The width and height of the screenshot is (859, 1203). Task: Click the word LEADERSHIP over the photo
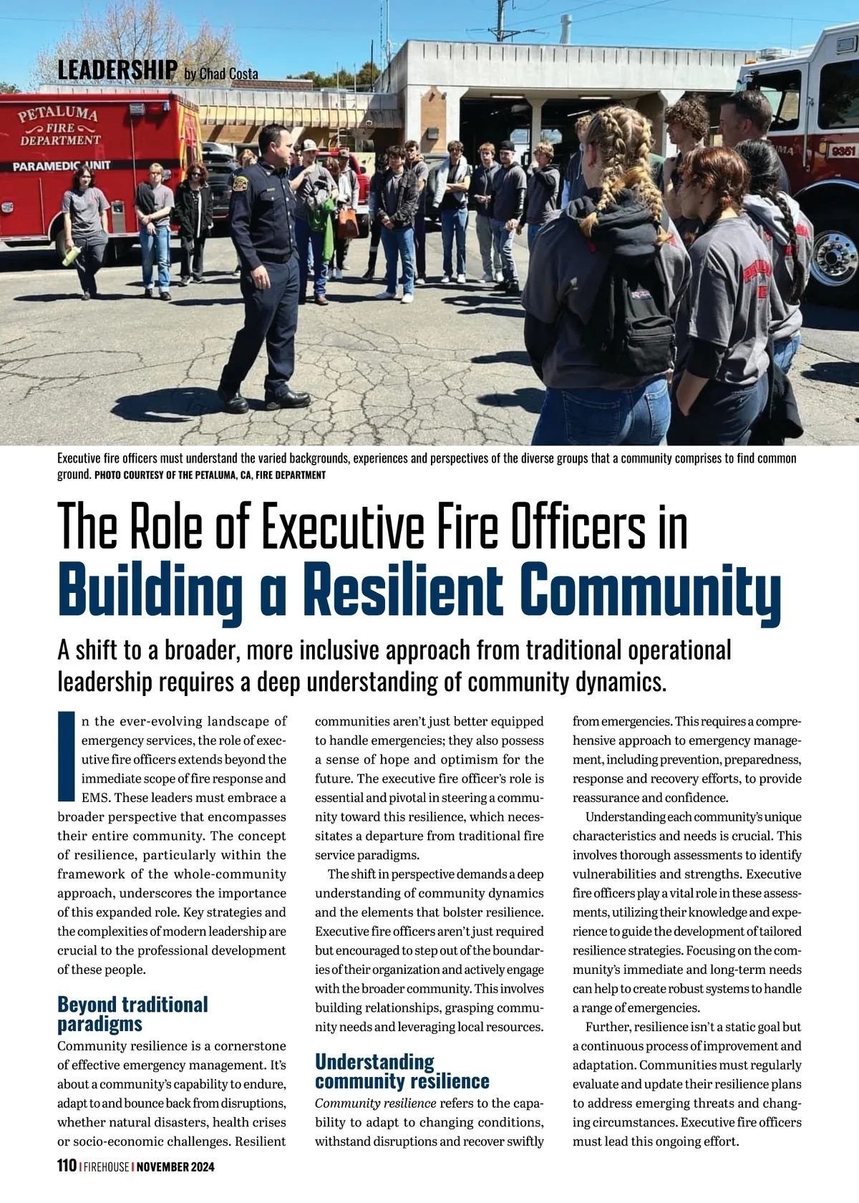117,69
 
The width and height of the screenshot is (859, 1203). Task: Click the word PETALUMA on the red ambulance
58,114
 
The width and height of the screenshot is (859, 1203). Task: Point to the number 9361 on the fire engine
843,151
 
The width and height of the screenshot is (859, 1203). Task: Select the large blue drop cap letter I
67,757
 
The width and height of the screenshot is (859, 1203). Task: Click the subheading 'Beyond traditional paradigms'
132,1014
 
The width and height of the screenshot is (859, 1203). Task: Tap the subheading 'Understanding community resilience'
402,1071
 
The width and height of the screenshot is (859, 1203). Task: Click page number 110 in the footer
67,1166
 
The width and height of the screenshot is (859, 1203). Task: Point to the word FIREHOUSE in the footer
106,1166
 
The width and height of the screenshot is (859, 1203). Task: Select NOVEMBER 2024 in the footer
175,1166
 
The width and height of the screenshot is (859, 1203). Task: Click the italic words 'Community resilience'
375,1103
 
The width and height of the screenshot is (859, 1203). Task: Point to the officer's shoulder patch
240,180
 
